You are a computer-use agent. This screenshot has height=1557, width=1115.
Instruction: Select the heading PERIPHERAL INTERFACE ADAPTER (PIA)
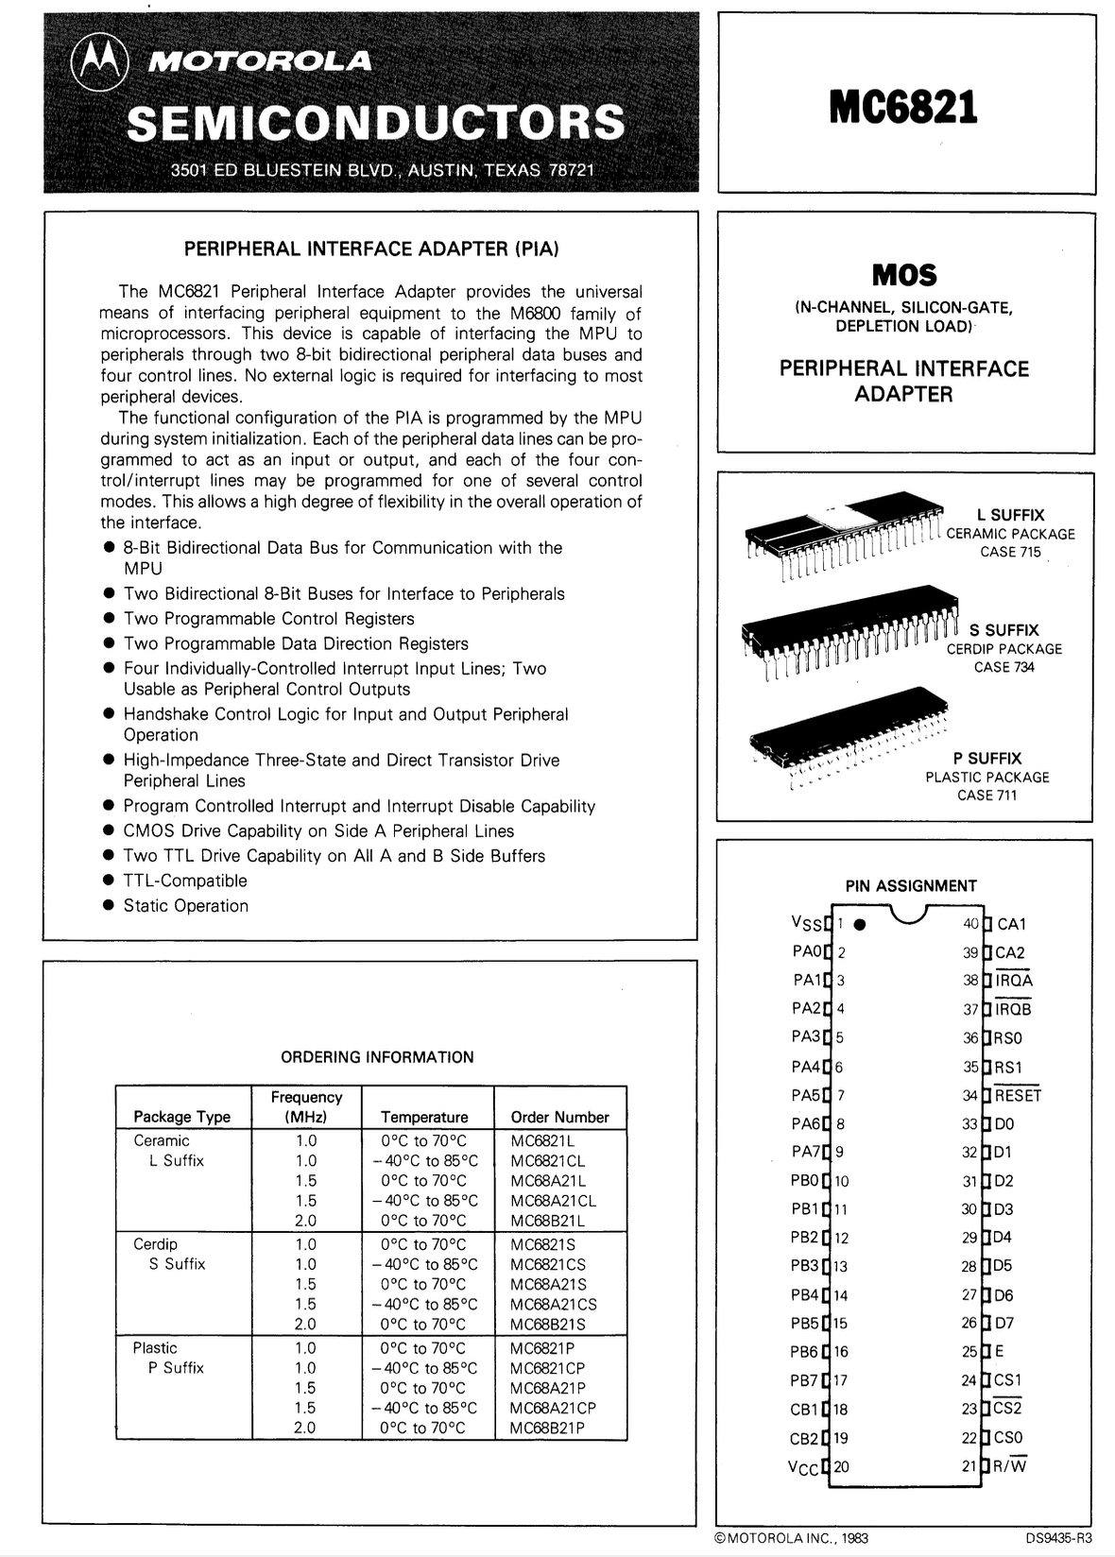(x=371, y=249)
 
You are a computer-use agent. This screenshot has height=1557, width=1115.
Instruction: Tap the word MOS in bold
(x=904, y=275)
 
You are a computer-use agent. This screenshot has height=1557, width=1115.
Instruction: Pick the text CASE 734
(x=1004, y=667)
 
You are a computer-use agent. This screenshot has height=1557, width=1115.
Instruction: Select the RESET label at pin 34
(x=1018, y=1096)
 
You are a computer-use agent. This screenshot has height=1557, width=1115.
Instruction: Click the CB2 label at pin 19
(x=805, y=1438)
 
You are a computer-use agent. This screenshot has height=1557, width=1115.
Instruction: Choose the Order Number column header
(x=559, y=1117)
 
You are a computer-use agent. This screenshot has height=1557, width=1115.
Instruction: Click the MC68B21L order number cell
(x=548, y=1220)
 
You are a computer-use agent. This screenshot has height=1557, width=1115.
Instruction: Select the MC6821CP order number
(x=548, y=1368)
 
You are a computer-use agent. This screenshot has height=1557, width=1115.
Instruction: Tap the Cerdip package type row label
(x=155, y=1244)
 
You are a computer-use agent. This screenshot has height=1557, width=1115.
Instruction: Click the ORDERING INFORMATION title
(x=377, y=1057)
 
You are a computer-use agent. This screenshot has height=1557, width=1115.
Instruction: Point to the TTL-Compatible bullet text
(x=185, y=881)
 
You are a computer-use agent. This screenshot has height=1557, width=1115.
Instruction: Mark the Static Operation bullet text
(x=186, y=905)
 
